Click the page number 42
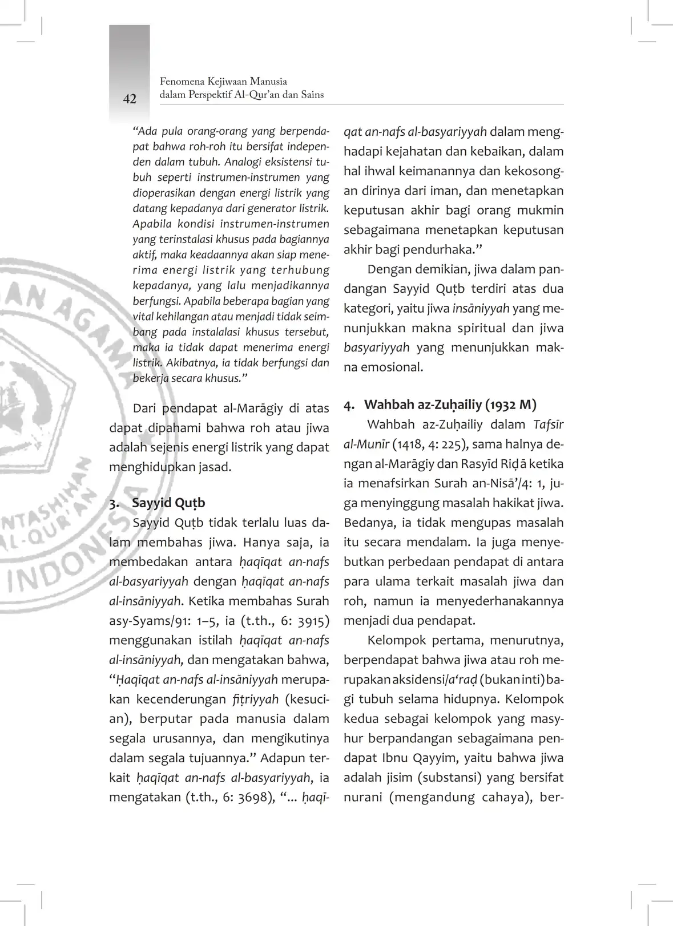coord(130,99)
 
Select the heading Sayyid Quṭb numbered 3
coord(168,503)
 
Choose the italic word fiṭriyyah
coord(255,699)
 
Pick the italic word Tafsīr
coord(548,424)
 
